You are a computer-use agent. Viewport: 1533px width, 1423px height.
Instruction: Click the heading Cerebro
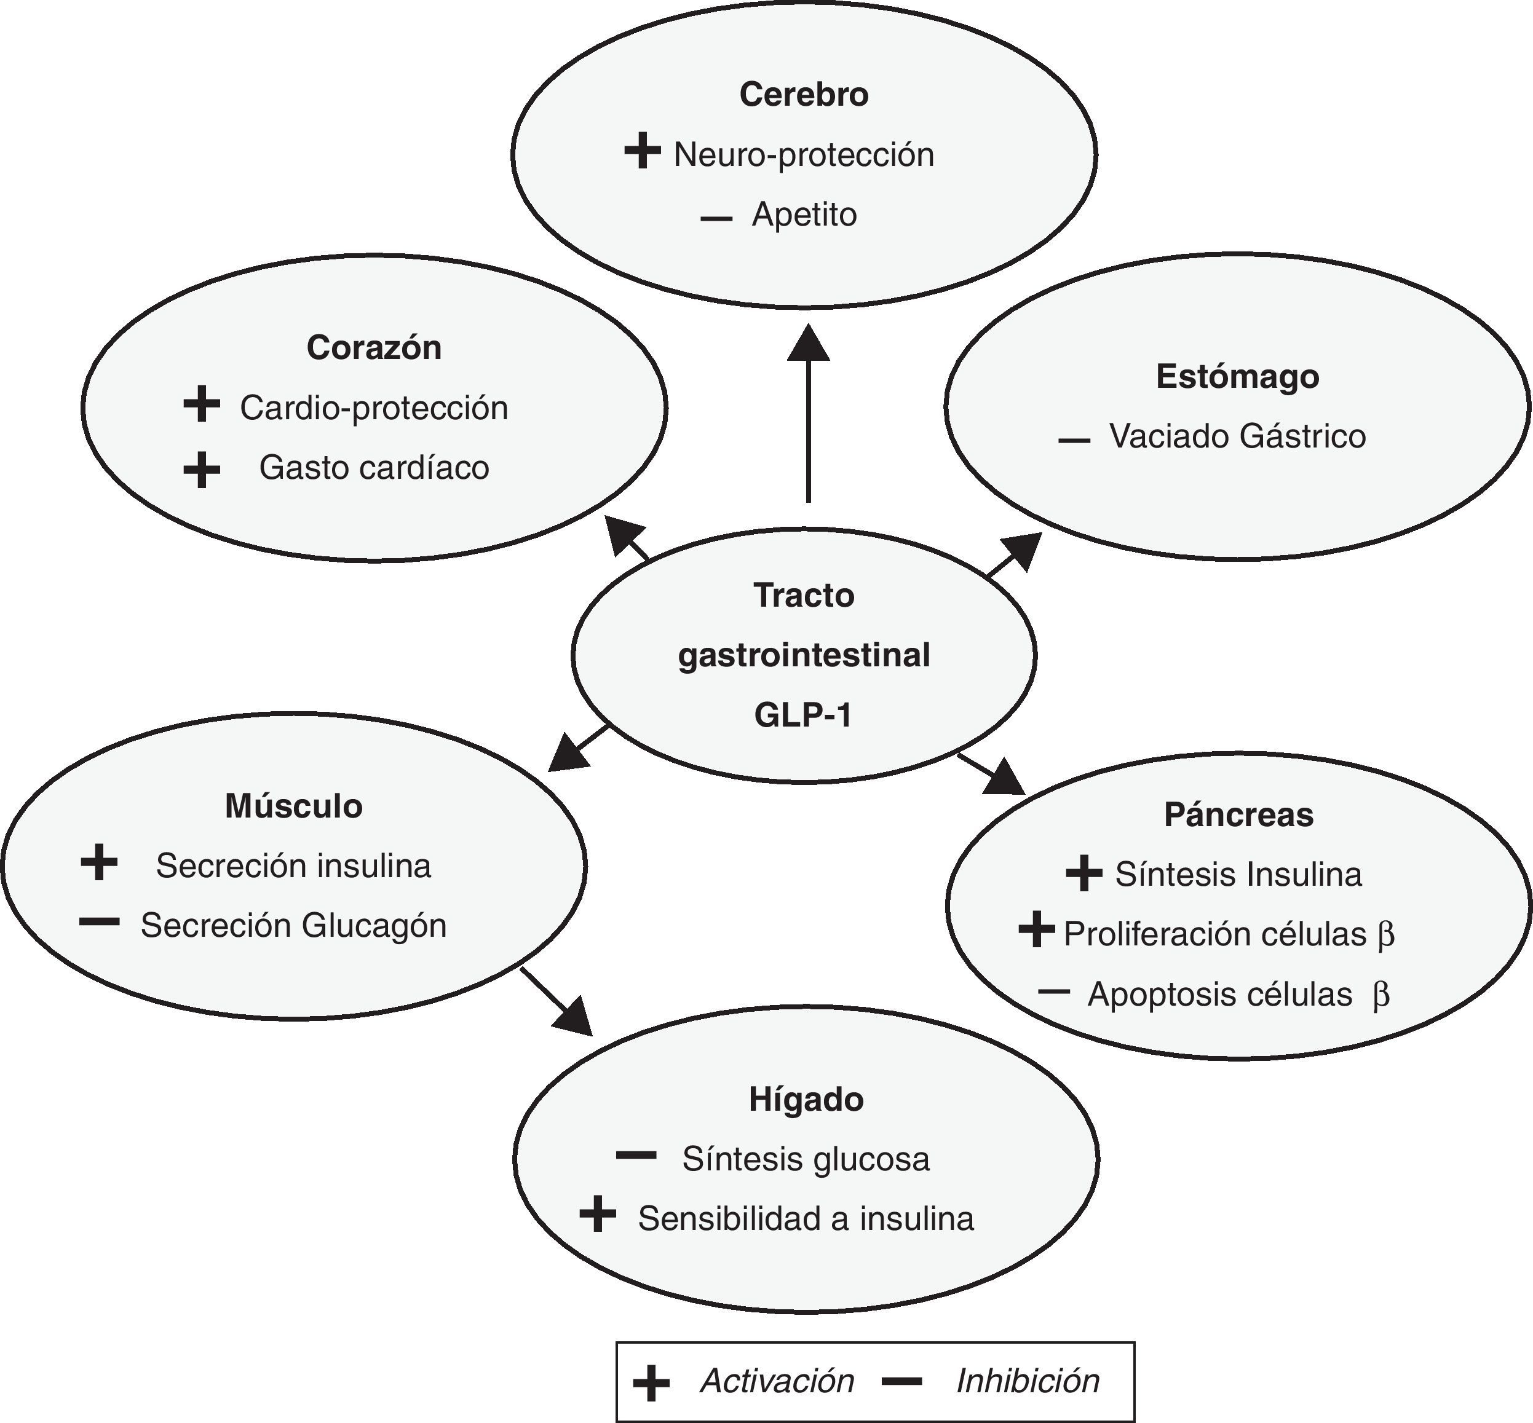pyautogui.click(x=804, y=95)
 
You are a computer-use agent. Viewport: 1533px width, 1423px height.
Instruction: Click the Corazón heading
pyautogui.click(x=374, y=348)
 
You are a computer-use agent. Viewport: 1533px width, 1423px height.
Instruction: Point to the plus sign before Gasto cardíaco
pyautogui.click(x=202, y=469)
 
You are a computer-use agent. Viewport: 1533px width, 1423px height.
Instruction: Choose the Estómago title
pyautogui.click(x=1237, y=377)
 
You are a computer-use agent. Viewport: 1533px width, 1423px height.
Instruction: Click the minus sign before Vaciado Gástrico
pyautogui.click(x=1074, y=441)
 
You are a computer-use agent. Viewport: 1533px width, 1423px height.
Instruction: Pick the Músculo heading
pyautogui.click(x=293, y=806)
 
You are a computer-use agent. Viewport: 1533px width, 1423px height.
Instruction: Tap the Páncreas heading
pyautogui.click(x=1238, y=814)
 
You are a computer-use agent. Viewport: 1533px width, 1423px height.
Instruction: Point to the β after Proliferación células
pyautogui.click(x=1385, y=935)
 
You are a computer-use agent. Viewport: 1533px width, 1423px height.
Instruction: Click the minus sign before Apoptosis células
pyautogui.click(x=1054, y=991)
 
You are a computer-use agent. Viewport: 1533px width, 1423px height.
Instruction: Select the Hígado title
pyautogui.click(x=806, y=1100)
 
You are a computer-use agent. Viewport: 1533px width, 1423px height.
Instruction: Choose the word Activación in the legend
pyautogui.click(x=777, y=1381)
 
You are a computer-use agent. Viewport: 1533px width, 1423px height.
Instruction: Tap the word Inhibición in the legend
pyautogui.click(x=1027, y=1381)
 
